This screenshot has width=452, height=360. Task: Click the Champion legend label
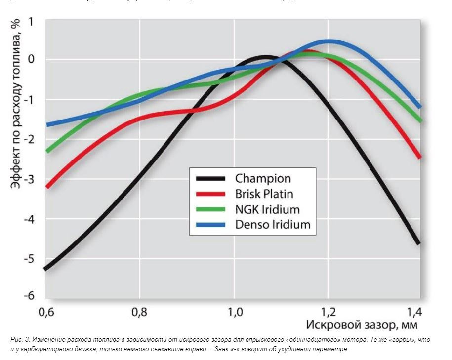tap(263, 178)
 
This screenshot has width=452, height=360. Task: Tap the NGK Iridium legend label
tap(267, 209)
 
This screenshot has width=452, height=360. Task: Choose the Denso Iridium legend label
tap(273, 224)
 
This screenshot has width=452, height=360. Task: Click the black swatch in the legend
tap(210, 178)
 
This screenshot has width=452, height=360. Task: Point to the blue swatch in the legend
tap(210, 224)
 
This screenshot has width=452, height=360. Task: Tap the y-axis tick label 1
tap(31, 22)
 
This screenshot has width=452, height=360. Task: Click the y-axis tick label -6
tap(29, 295)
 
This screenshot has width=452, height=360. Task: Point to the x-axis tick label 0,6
tap(46, 312)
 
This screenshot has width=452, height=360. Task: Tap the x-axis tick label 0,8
tap(140, 312)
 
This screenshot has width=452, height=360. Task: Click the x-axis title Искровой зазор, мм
tap(361, 325)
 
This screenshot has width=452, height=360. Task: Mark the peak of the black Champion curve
tap(266, 58)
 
